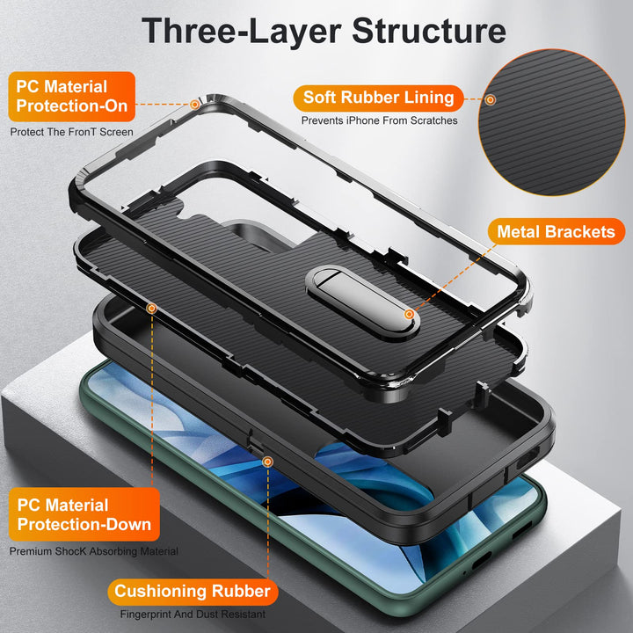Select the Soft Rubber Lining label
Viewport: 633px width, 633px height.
pos(379,97)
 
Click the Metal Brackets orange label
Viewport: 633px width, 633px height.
pos(556,232)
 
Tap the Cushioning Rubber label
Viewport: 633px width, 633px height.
pos(192,592)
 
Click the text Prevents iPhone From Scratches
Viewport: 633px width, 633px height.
pos(379,120)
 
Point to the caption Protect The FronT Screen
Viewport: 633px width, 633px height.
pos(72,133)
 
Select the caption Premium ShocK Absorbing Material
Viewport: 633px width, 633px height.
pos(94,551)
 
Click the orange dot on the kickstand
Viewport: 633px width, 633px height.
pos(410,314)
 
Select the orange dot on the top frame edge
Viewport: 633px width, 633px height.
pos(195,104)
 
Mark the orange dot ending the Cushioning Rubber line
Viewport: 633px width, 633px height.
pos(267,460)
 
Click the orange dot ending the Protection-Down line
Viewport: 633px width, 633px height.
pos(152,309)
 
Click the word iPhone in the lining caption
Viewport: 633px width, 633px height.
pos(367,120)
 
